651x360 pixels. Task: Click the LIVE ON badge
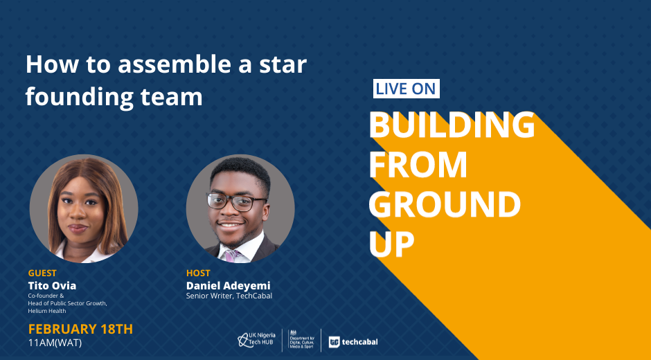click(x=406, y=89)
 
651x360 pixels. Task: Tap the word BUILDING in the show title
click(x=452, y=125)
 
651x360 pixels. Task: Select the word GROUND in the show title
click(x=445, y=204)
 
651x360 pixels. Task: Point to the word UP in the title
click(x=391, y=244)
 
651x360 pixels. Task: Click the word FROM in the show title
click(x=418, y=165)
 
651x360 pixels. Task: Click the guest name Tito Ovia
click(x=52, y=286)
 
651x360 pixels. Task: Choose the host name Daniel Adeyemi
click(x=228, y=286)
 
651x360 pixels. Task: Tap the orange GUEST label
click(x=42, y=273)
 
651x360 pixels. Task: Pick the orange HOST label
click(x=198, y=273)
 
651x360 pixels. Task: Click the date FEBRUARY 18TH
click(x=80, y=330)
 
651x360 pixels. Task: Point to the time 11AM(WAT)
click(x=55, y=343)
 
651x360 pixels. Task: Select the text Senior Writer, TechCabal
click(x=229, y=296)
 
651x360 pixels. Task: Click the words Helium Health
click(x=47, y=311)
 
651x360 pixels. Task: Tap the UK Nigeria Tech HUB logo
click(x=256, y=340)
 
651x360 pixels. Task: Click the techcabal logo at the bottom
click(x=353, y=342)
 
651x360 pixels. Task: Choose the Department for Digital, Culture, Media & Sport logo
click(x=301, y=340)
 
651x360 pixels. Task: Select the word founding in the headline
click(x=80, y=97)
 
